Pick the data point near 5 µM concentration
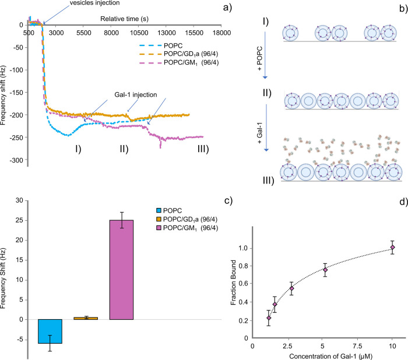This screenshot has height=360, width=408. point(325,270)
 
